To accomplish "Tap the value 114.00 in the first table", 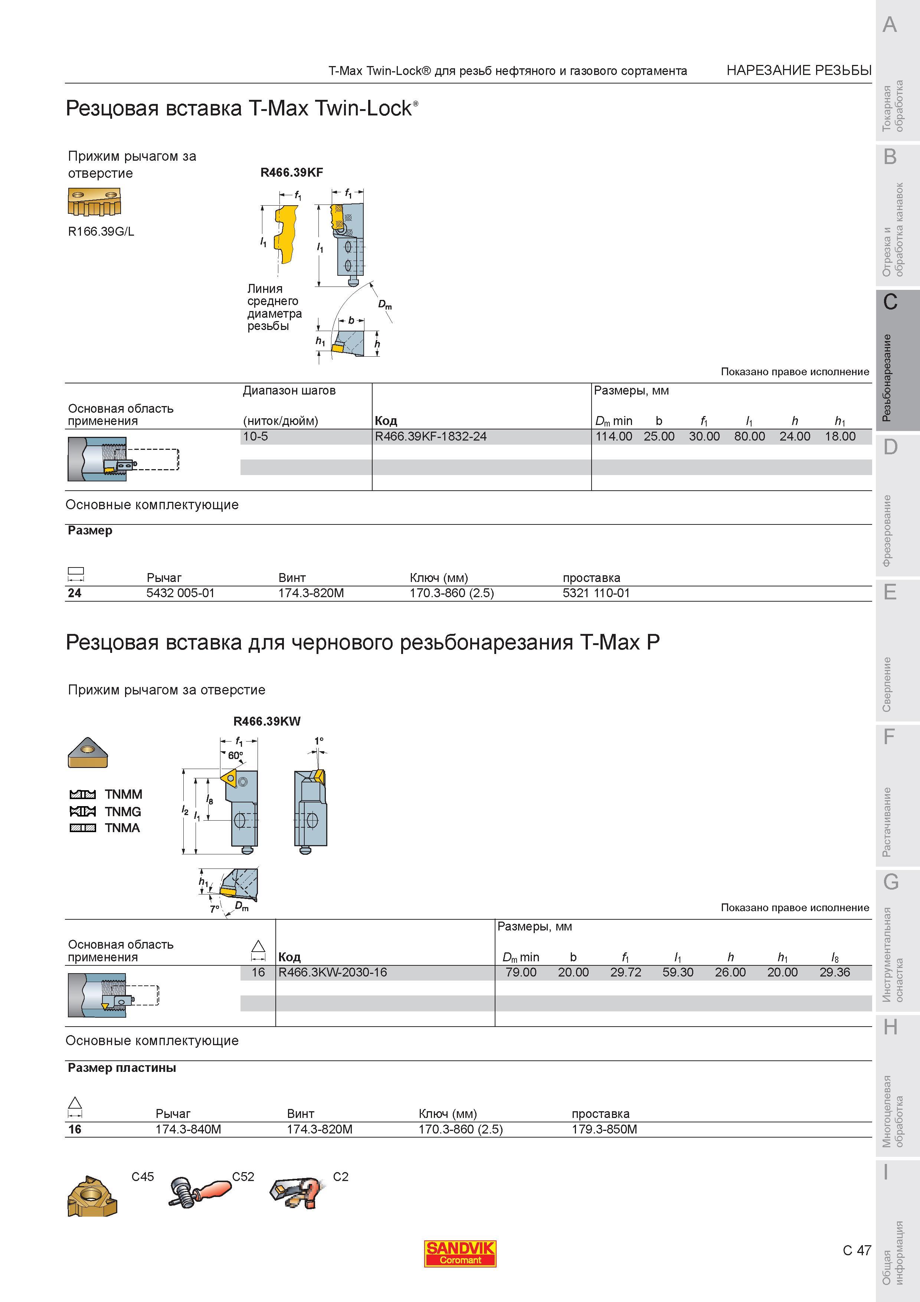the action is click(614, 436).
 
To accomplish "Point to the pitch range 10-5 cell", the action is click(256, 436).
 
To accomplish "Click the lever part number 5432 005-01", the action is click(180, 593).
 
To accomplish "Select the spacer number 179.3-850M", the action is click(604, 1129).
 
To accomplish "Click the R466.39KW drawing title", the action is click(267, 721).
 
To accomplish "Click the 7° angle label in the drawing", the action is click(214, 909).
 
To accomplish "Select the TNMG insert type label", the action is click(123, 811).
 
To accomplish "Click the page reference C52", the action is click(243, 1177).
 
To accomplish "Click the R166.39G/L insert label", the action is click(101, 231).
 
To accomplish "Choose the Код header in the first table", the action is click(386, 421).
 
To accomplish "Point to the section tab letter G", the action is click(891, 882).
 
